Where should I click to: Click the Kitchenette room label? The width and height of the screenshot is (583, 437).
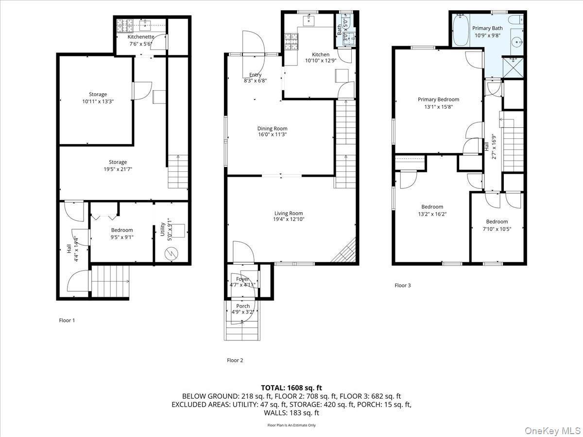(x=141, y=37)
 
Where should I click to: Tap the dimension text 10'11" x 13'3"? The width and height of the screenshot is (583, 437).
(x=98, y=101)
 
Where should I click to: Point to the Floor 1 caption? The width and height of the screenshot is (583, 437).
(x=67, y=320)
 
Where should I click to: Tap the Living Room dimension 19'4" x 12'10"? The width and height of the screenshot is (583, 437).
(x=289, y=219)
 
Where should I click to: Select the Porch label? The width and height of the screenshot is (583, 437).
(x=243, y=306)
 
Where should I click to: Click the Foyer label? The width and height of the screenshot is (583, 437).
(x=242, y=279)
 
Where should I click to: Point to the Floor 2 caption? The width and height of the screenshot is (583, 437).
(x=235, y=360)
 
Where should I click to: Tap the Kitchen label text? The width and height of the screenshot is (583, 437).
(x=321, y=54)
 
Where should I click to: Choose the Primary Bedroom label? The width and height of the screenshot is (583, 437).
(x=438, y=100)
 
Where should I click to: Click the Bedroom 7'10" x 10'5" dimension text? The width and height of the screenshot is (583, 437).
(x=497, y=229)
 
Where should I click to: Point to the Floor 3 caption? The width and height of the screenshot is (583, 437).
(x=402, y=286)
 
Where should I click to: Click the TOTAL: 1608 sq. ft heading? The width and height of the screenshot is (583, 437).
(x=291, y=387)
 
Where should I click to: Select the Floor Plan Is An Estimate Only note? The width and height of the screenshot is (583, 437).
(x=291, y=425)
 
